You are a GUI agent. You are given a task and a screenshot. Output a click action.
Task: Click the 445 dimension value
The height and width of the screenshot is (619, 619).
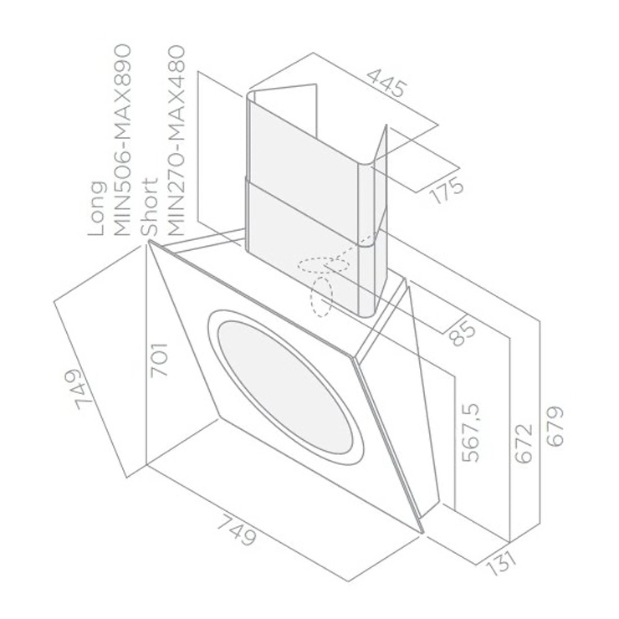coord(386,84)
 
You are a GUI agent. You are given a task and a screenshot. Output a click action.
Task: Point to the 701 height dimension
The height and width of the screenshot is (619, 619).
coord(160,360)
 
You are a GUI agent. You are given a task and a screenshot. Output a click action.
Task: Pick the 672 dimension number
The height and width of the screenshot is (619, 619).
coord(524,443)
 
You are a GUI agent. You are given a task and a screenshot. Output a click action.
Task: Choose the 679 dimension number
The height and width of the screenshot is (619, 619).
coord(555,426)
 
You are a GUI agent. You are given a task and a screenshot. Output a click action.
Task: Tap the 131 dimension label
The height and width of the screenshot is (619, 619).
coord(500,563)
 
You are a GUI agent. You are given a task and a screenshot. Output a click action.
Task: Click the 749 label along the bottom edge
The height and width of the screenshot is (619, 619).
coord(237,530)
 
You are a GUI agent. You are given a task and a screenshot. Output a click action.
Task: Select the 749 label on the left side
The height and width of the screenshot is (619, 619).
coord(79,388)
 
